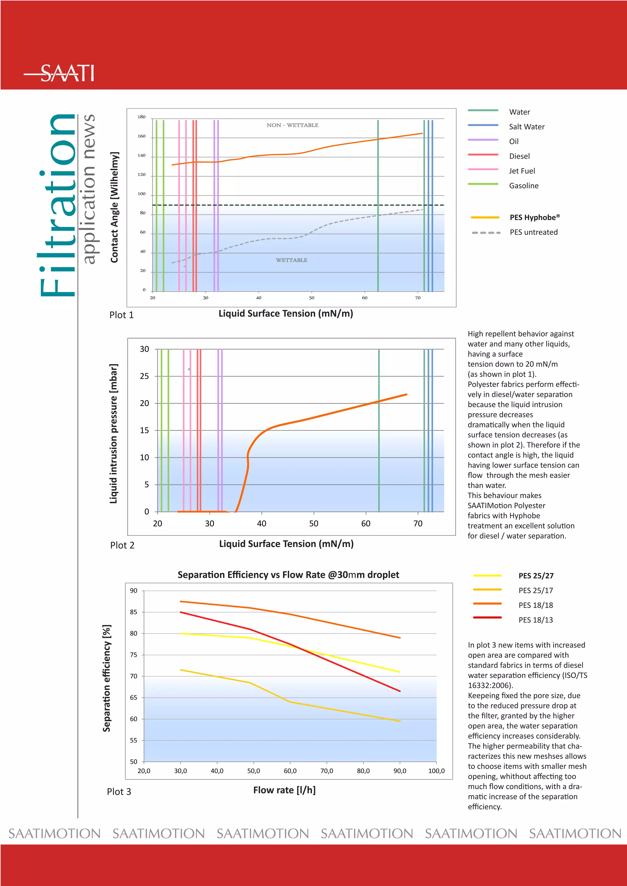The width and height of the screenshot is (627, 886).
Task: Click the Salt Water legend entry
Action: [526, 127]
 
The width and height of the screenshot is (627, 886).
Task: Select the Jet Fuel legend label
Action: [522, 171]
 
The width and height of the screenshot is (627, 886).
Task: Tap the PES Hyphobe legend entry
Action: [534, 217]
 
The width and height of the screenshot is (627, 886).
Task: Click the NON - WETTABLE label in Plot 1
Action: [292, 125]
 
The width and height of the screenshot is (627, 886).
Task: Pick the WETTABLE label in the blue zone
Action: [291, 260]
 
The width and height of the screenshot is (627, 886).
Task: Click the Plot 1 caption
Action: [121, 315]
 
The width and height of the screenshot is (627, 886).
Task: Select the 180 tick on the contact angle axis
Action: [142, 117]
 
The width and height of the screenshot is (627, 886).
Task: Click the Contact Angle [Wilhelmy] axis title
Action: [114, 207]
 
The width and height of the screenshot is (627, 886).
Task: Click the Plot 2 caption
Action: [122, 545]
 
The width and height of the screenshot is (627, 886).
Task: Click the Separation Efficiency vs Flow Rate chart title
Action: [288, 575]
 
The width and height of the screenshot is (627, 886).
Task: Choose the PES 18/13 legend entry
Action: [535, 620]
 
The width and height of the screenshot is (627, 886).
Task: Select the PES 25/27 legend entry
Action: [535, 576]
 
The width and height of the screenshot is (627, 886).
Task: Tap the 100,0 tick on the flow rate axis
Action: [436, 771]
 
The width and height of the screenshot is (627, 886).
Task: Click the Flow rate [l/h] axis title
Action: [284, 790]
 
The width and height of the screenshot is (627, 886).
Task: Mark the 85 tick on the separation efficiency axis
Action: [133, 612]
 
